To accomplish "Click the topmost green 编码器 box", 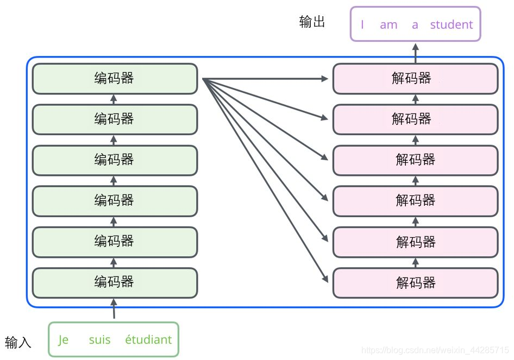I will [x=115, y=79].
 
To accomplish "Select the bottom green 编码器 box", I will [x=115, y=282].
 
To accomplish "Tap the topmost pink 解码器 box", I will [x=415, y=79].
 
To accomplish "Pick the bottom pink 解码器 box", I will [x=415, y=282].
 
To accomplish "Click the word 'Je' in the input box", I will [x=64, y=340].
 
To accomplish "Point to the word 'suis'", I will [x=99, y=340].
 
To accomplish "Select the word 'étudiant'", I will [x=148, y=340].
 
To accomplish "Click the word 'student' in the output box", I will [x=451, y=24].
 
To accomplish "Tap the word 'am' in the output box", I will [x=388, y=24].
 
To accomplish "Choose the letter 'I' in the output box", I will [x=362, y=24].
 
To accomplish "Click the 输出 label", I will [x=312, y=22].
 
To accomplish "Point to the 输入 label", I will [x=18, y=343].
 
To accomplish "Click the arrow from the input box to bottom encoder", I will [x=114, y=310].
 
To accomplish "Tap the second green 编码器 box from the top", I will [x=115, y=119].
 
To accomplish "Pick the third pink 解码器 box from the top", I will [x=415, y=160].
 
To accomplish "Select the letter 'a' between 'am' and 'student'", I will [x=415, y=24].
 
